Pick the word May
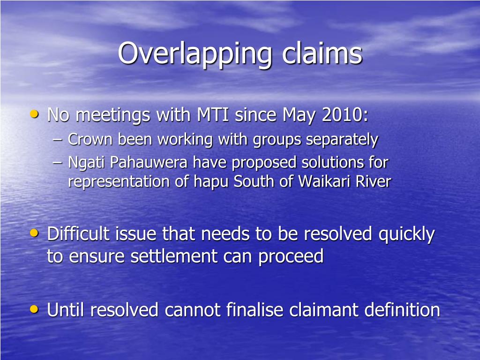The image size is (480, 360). (300, 115)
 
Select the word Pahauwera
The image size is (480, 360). (150, 163)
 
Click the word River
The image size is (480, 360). (373, 182)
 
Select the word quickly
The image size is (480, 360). (406, 234)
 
